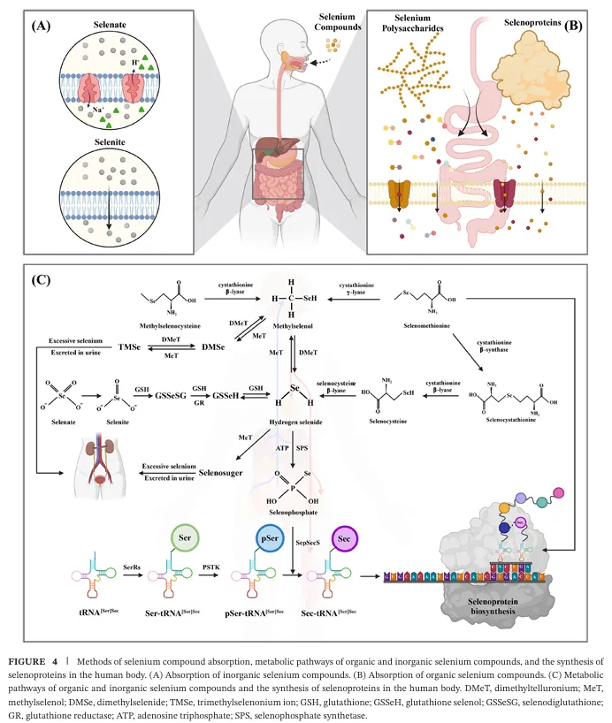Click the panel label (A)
40,27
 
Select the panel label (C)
41,280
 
